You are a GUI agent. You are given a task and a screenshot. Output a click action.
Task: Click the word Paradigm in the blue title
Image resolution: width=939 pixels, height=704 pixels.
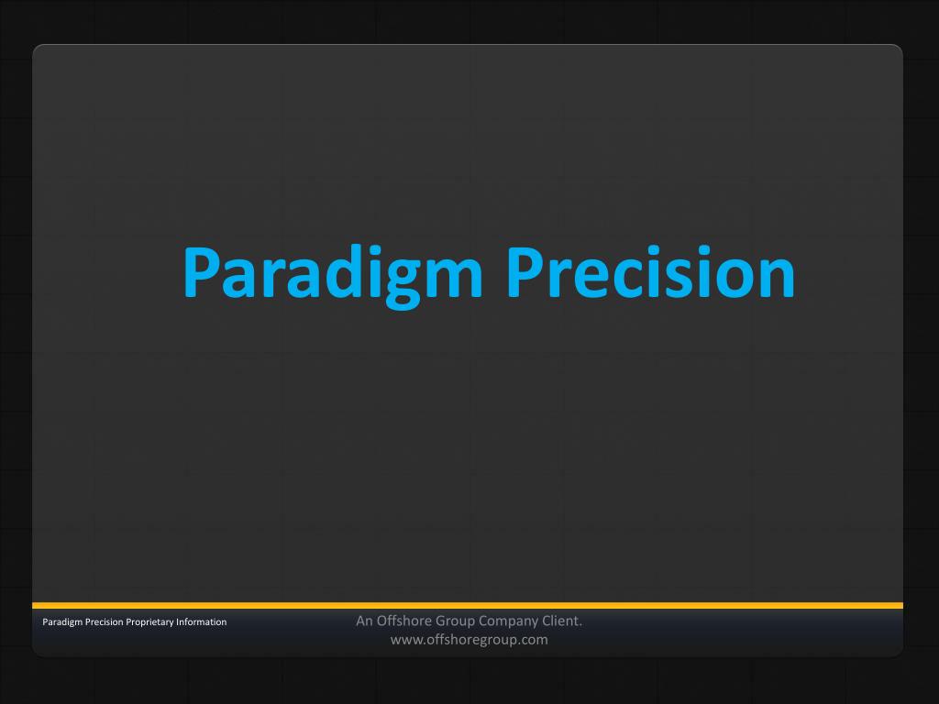(x=333, y=275)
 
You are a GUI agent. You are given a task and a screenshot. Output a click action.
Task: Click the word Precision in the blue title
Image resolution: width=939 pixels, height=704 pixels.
(x=651, y=271)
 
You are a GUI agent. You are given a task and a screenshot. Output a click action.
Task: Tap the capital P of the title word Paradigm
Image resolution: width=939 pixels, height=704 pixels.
(x=201, y=271)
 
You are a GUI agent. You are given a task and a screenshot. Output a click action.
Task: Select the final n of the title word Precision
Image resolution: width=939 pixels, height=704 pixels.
(x=775, y=277)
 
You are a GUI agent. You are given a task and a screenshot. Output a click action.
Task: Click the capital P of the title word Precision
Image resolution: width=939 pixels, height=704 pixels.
(x=525, y=271)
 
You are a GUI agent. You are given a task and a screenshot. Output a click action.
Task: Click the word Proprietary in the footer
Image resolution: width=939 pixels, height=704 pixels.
(x=149, y=622)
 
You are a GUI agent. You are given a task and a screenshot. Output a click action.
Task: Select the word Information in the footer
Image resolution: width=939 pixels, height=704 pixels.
(x=201, y=622)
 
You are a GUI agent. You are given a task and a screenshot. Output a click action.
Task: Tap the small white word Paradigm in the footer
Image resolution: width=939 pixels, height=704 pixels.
(x=62, y=622)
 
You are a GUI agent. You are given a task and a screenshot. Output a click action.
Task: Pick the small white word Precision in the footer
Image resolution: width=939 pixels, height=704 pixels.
(x=105, y=622)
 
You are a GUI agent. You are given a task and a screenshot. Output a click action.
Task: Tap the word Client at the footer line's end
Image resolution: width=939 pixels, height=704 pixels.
(x=562, y=621)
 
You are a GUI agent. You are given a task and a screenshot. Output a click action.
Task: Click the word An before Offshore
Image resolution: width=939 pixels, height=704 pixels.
(x=364, y=621)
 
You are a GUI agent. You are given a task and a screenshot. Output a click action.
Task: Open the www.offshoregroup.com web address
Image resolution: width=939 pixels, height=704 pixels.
(x=469, y=640)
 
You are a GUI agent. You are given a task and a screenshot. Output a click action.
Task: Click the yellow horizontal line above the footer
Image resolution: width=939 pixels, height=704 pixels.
(x=468, y=606)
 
